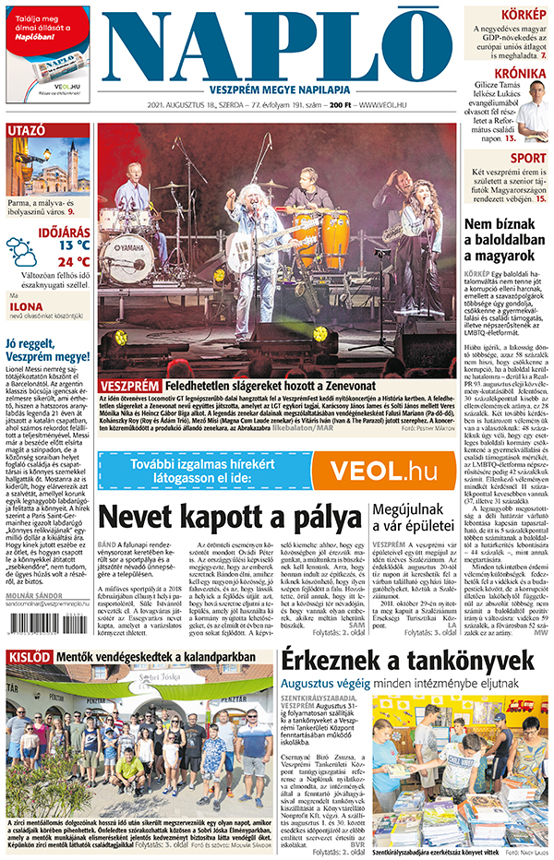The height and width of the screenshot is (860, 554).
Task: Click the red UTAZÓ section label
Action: tap(27, 131)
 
